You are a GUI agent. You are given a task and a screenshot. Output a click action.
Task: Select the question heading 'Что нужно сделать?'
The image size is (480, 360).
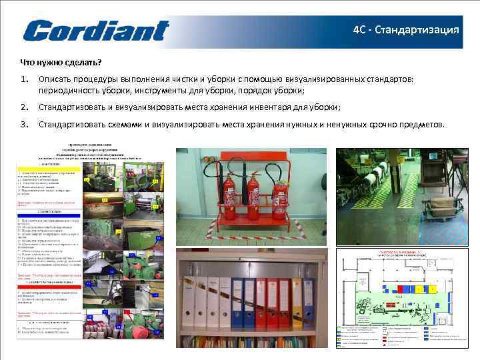coord(61,63)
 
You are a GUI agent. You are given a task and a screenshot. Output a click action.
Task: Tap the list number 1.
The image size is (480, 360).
coord(23,79)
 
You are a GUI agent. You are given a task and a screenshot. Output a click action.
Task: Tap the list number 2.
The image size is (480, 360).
coord(23,107)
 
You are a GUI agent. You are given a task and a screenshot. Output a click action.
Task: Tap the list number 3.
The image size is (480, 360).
coord(23,124)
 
